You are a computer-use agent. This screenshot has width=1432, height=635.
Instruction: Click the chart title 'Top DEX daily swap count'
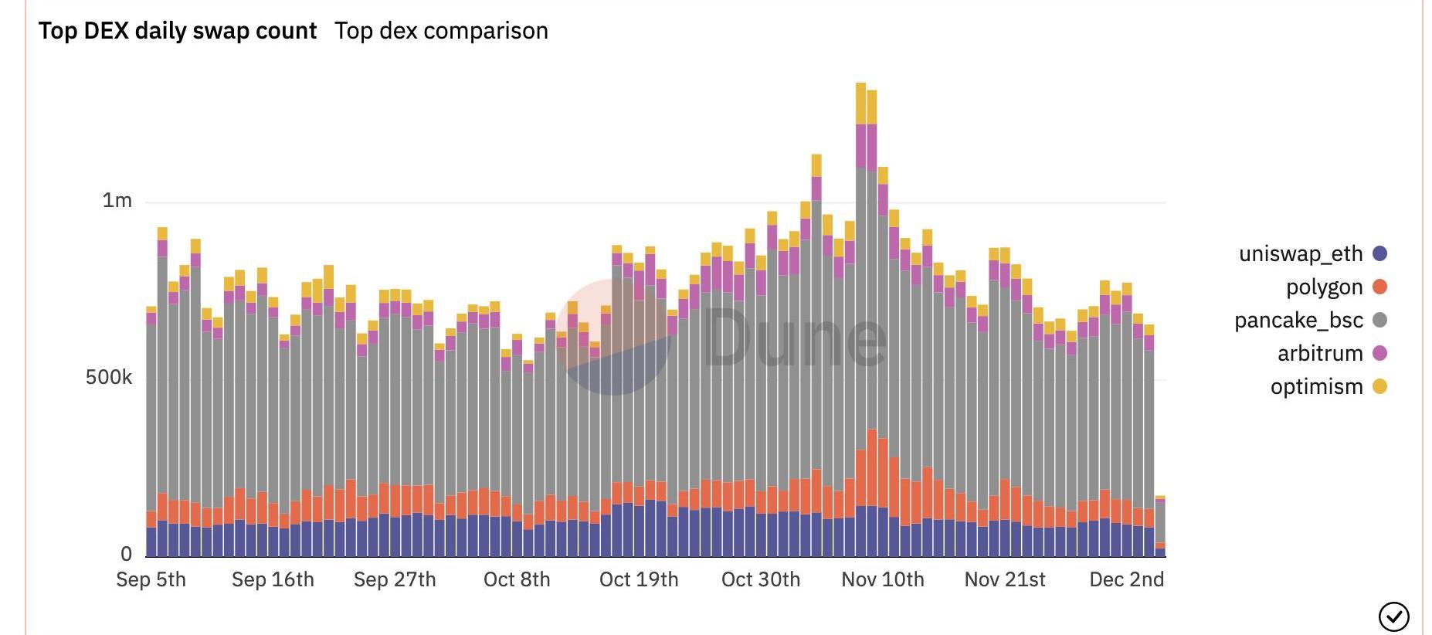(178, 31)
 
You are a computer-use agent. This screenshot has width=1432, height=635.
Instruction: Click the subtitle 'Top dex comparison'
(441, 31)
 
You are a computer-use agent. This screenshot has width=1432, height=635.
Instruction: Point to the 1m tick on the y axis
(117, 201)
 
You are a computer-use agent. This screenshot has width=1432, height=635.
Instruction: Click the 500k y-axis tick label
(109, 378)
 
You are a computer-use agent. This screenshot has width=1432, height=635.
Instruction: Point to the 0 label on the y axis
(126, 554)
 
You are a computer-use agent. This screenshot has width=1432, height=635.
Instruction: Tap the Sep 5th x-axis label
(151, 579)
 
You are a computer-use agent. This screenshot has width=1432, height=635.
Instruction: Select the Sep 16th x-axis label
(273, 579)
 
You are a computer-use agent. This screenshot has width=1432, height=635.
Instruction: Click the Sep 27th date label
(395, 579)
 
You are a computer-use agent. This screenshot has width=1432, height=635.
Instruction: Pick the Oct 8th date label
(517, 579)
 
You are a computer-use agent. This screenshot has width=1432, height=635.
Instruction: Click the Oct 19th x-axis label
(639, 579)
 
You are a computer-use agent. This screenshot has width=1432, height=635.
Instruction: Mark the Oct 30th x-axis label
(761, 579)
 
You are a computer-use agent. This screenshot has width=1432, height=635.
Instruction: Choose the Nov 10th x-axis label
(883, 579)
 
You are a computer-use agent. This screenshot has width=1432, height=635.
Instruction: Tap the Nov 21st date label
(1005, 579)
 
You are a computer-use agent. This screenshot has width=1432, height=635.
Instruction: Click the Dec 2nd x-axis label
(1126, 579)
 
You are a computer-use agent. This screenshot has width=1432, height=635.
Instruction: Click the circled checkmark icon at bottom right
(1393, 616)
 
